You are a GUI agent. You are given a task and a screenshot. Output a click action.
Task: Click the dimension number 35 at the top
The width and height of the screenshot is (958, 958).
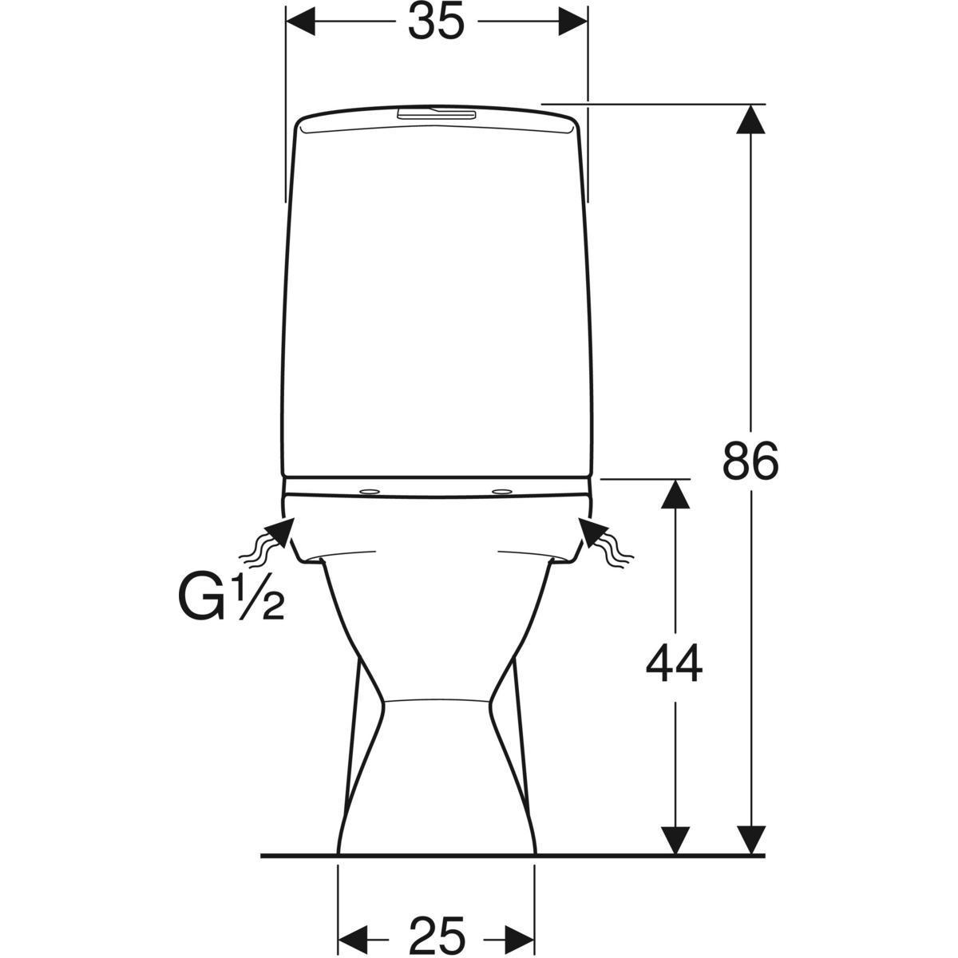436,22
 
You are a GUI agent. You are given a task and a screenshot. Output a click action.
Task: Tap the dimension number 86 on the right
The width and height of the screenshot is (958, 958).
750,460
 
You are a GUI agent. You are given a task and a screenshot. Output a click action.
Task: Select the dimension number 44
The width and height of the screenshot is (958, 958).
674,663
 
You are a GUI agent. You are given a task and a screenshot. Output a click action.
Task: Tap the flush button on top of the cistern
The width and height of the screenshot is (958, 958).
436,114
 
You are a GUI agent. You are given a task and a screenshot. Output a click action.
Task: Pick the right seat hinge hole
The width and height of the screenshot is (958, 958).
501,492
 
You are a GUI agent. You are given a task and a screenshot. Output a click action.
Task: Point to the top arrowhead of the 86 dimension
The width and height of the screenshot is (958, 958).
750,119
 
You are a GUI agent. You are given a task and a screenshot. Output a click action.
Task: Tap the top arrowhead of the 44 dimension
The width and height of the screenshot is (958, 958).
675,493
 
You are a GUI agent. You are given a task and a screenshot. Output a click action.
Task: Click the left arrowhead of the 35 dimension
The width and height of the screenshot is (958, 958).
301,22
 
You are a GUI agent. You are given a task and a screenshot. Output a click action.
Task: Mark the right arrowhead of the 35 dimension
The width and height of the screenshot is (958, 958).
572,22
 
